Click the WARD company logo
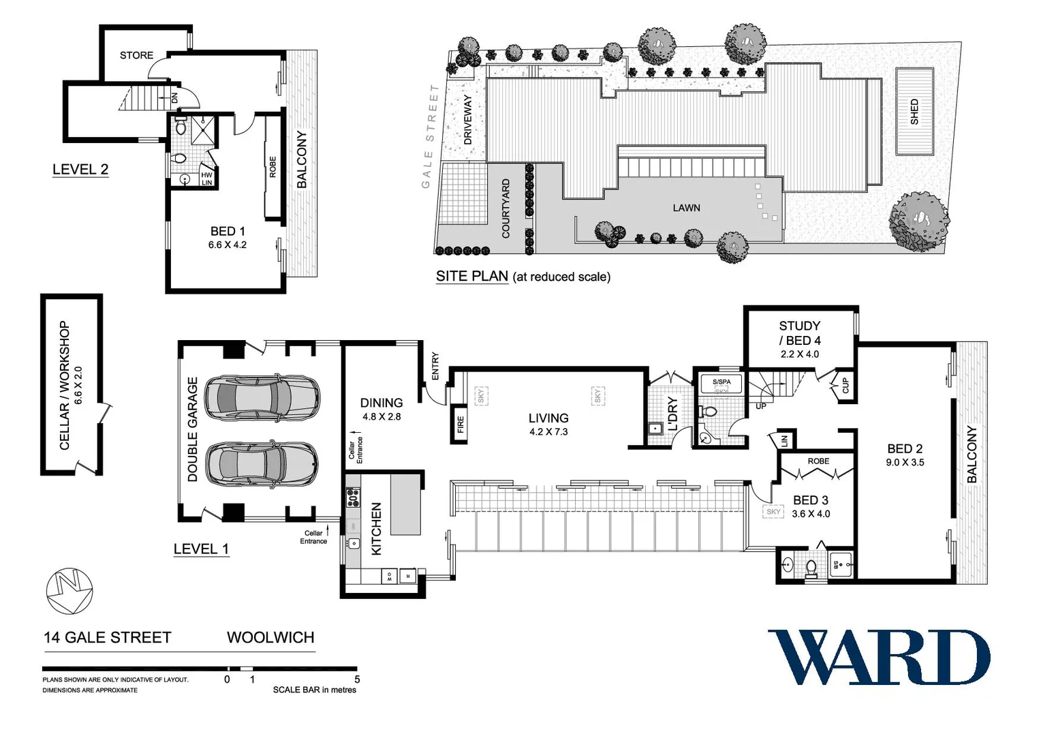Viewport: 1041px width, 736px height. tap(878, 657)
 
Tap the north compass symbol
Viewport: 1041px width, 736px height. tap(69, 591)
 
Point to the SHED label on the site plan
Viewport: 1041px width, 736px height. tap(914, 112)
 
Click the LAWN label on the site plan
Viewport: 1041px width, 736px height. tap(686, 208)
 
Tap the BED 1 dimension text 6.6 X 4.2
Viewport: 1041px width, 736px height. tap(228, 245)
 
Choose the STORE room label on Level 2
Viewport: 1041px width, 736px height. tap(136, 55)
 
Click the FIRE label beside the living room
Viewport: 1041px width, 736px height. tap(461, 425)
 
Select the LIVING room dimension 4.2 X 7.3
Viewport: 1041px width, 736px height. tap(548, 431)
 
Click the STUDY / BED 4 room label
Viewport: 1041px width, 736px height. tap(800, 333)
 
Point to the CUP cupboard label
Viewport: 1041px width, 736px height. tap(845, 386)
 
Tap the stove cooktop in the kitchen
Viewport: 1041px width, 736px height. tap(353, 497)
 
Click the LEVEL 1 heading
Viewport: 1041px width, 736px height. tap(201, 549)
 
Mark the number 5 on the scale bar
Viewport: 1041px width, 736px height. tap(357, 679)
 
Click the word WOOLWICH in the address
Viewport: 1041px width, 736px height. tap(270, 638)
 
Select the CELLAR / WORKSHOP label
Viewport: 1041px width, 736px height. tap(65, 385)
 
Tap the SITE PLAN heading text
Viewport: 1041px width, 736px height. tap(471, 276)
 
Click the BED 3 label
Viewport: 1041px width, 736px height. tap(811, 500)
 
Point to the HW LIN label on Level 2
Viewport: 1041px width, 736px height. tap(206, 179)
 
